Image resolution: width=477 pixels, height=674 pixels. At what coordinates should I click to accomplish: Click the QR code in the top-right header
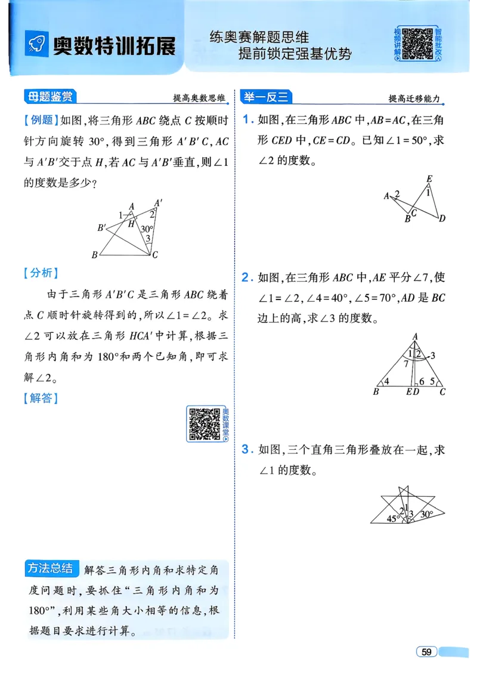[416, 44]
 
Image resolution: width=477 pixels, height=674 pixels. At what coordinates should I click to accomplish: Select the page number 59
[426, 651]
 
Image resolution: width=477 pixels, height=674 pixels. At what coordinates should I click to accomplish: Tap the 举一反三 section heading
[266, 97]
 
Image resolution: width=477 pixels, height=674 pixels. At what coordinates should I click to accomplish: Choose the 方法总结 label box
[52, 568]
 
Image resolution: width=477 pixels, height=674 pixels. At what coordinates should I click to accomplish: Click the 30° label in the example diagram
[147, 228]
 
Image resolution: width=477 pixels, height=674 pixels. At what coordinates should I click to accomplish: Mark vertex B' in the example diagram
[102, 227]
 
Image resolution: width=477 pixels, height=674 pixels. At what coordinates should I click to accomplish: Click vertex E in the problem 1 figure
[429, 179]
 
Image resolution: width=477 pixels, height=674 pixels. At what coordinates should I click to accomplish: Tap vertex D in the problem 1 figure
[442, 219]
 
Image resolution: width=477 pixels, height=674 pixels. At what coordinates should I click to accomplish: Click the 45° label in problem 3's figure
[392, 518]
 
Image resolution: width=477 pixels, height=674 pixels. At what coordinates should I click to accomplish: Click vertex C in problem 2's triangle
[442, 392]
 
